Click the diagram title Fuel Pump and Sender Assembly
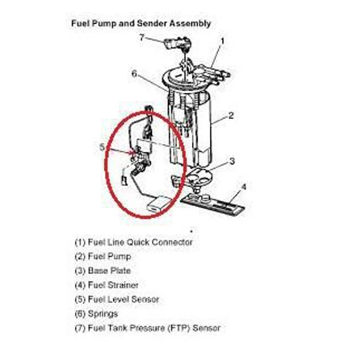tap(141, 23)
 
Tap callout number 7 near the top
tap(142, 37)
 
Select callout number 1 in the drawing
tap(222, 41)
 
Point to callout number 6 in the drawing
tap(134, 74)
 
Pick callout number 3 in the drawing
tap(231, 161)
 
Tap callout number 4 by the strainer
tap(243, 186)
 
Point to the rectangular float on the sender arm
tap(157, 205)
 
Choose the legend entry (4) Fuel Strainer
tap(107, 285)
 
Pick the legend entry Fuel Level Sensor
tap(117, 299)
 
